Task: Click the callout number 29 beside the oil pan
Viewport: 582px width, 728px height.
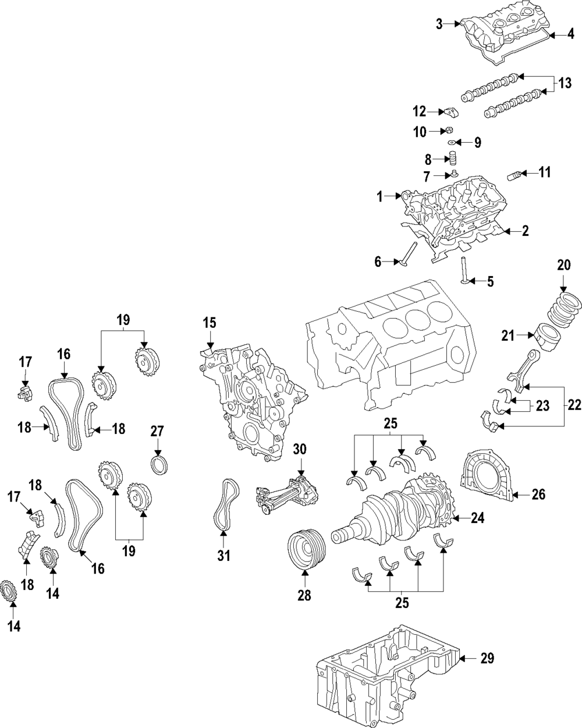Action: (x=487, y=659)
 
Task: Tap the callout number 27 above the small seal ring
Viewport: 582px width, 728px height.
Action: (x=158, y=432)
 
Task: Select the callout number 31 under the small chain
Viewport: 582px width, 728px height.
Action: (x=224, y=556)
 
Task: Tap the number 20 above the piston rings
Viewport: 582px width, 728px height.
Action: (x=564, y=266)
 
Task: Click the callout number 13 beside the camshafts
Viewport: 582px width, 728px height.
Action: (x=564, y=84)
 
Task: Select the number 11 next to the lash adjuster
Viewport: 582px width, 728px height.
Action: (x=544, y=172)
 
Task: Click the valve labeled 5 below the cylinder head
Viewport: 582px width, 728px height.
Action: (x=464, y=271)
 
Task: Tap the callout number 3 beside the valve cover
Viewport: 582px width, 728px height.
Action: (x=440, y=23)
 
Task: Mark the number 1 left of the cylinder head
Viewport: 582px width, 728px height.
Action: (x=380, y=197)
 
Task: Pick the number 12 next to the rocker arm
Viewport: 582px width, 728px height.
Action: (x=420, y=111)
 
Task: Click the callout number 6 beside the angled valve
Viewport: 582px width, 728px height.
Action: (x=378, y=263)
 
